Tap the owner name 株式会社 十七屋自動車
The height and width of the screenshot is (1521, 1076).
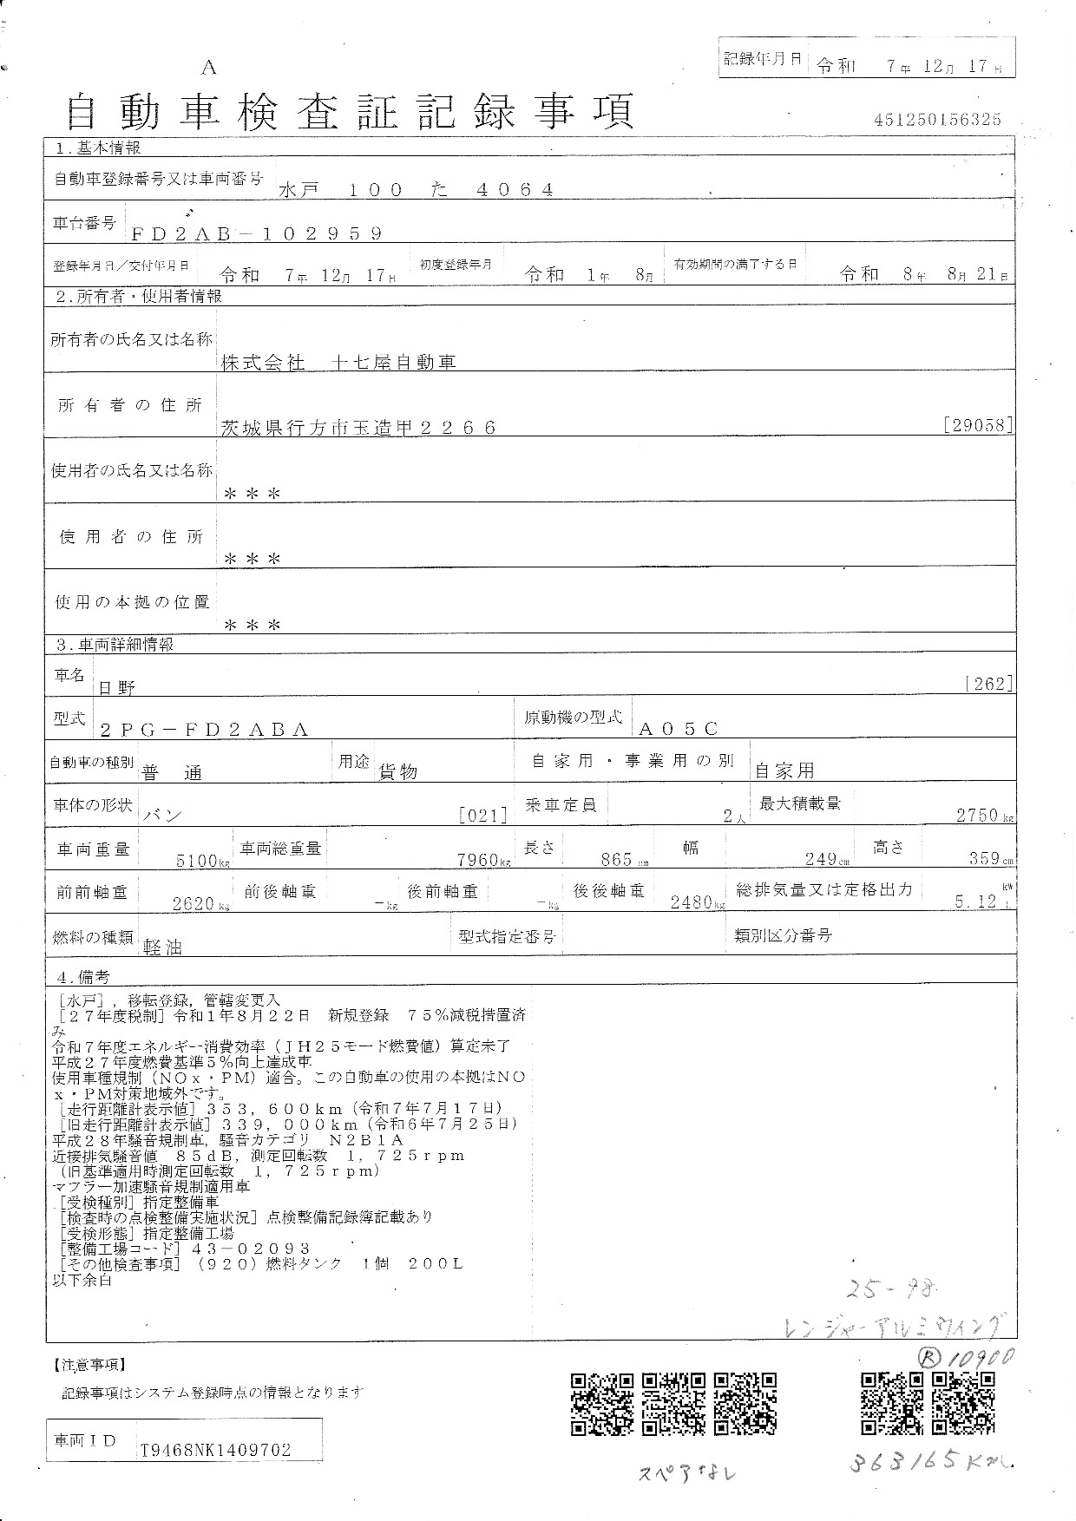pos(338,363)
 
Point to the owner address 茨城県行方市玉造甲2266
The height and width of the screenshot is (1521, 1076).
pos(358,427)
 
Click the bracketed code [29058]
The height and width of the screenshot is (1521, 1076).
pos(977,425)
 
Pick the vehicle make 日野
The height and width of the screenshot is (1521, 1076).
pos(116,688)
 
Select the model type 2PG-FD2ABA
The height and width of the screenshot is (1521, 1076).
pos(204,731)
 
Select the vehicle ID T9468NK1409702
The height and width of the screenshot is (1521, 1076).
pos(215,1450)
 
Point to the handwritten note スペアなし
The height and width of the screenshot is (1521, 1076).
pos(687,1472)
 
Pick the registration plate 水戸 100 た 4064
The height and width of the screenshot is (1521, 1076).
pos(417,189)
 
